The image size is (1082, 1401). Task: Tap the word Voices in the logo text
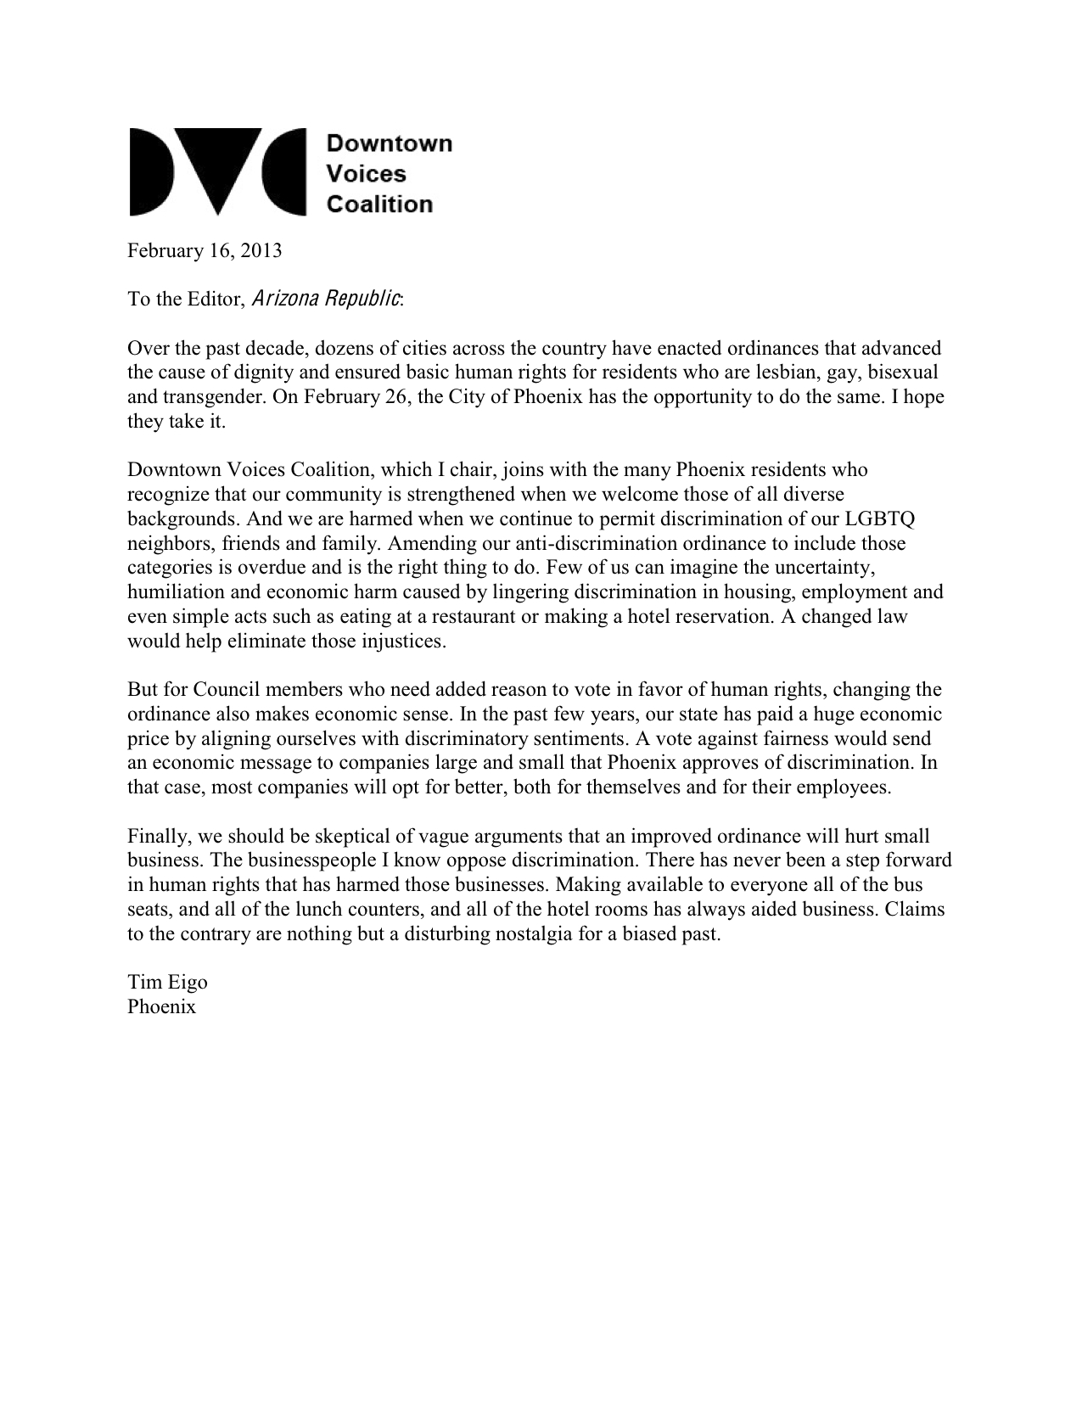coord(367,174)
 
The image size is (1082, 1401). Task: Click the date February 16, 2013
coord(205,251)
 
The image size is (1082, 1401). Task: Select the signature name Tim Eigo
coord(167,983)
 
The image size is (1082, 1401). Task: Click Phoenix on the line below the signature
coord(161,1007)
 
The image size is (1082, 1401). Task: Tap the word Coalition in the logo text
coord(379,205)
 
